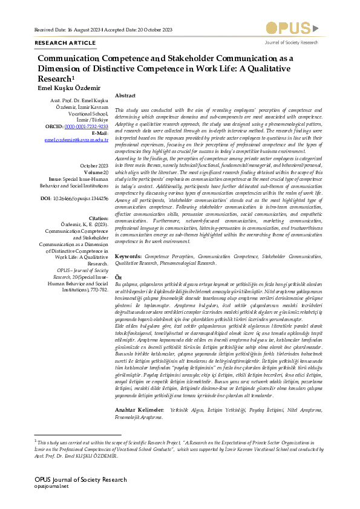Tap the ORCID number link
pyautogui.click(x=87, y=127)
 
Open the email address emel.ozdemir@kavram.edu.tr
pyautogui.click(x=77, y=140)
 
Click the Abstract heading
pyautogui.click(x=125, y=96)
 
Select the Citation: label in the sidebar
pyautogui.click(x=98, y=217)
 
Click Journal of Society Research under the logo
pyautogui.click(x=292, y=43)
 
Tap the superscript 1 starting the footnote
pyautogui.click(x=36, y=441)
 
